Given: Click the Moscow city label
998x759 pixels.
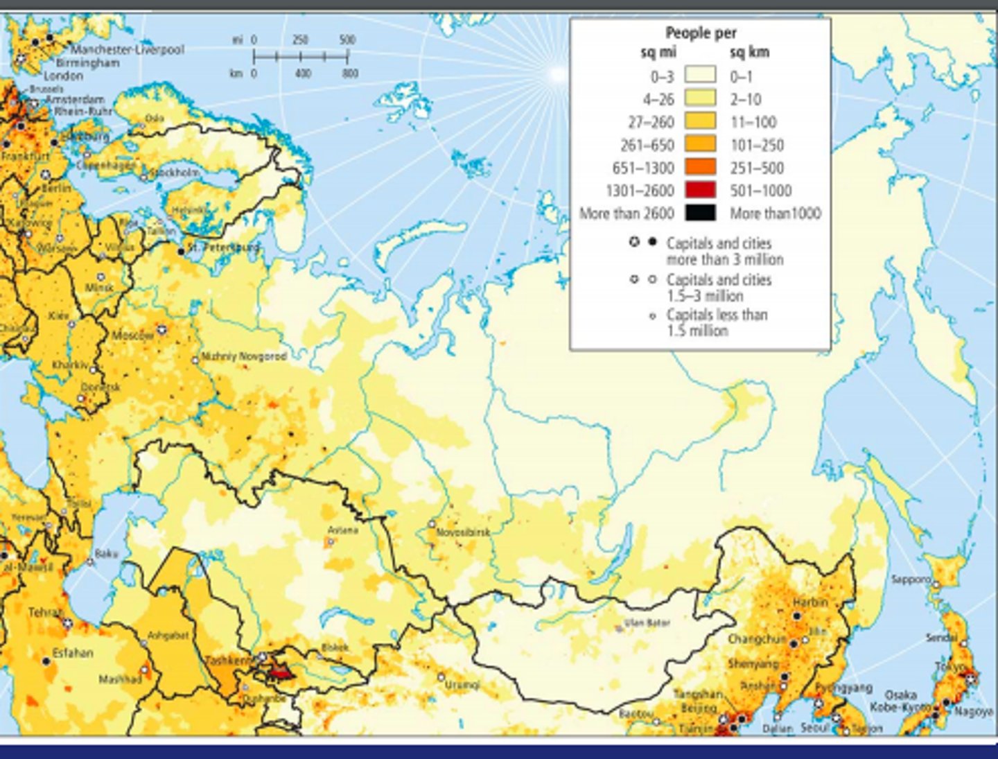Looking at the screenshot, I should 132,335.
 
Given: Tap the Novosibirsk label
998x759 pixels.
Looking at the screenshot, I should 463,532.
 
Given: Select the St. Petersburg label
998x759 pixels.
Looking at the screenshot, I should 223,247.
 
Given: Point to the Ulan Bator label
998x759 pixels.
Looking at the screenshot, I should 647,622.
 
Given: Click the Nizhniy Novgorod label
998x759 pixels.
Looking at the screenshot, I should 243,356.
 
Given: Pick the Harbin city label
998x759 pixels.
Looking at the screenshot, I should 810,602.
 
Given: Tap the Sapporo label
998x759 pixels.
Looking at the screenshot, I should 911,579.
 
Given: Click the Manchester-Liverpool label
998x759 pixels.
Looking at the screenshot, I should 128,49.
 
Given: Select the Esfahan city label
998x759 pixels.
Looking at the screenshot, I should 73,652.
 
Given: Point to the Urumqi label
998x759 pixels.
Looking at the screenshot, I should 462,684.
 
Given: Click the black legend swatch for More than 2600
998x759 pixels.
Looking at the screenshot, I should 700,213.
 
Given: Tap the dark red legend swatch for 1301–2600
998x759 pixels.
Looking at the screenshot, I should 700,190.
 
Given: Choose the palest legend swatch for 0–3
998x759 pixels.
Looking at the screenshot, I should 700,76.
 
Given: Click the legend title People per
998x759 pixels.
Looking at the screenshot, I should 701,33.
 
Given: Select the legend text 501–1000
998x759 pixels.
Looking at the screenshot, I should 760,191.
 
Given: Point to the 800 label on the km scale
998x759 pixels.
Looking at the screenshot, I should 350,73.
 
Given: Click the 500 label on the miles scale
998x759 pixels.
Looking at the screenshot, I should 347,40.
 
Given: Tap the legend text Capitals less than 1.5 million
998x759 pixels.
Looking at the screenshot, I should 717,322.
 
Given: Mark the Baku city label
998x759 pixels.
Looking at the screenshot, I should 107,553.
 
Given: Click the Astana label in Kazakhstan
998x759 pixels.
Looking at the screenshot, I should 343,530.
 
